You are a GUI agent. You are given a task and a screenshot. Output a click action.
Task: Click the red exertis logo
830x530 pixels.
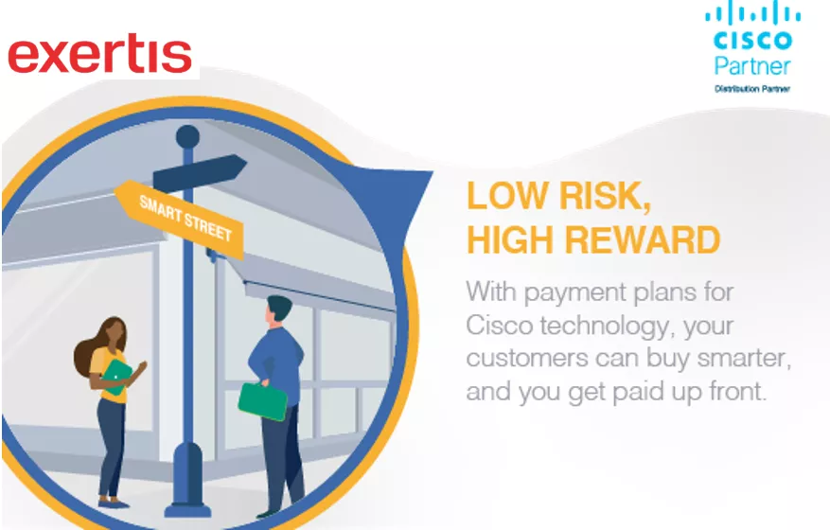(99, 56)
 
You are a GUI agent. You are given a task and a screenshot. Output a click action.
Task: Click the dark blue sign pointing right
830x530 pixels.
(203, 172)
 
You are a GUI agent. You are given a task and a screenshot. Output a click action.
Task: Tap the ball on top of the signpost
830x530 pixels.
(187, 135)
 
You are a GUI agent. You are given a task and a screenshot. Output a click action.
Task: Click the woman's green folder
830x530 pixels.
(116, 374)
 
